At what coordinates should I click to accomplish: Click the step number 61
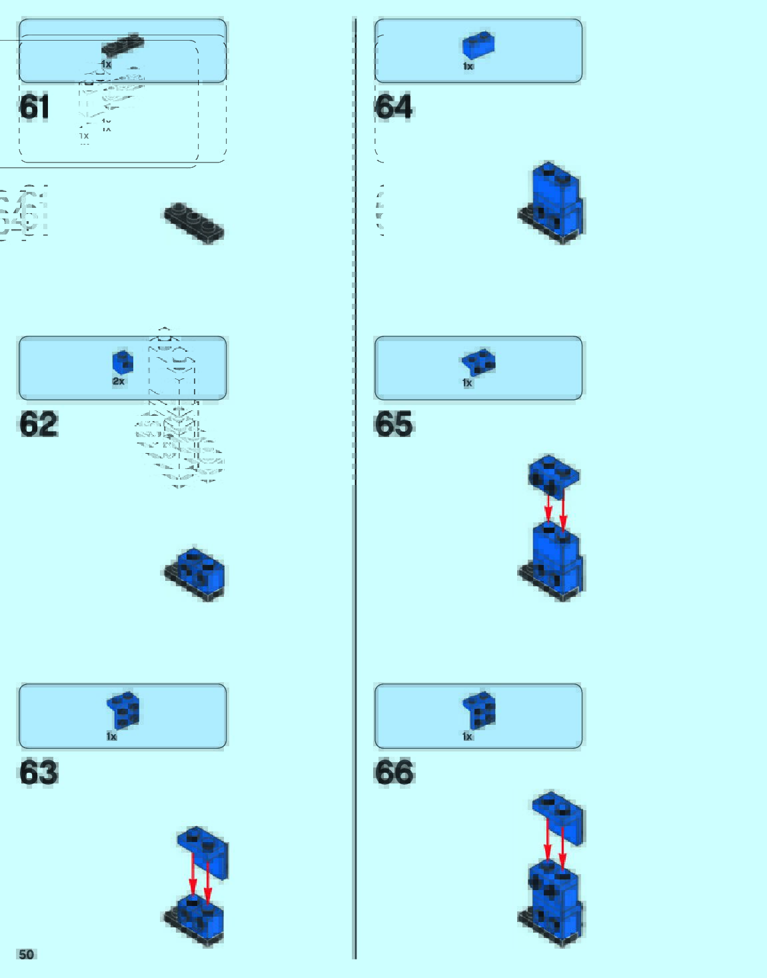(35, 107)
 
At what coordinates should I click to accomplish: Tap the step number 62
(39, 424)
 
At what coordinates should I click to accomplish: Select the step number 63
(39, 772)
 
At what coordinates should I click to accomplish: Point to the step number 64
(394, 107)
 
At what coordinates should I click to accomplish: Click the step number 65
(394, 424)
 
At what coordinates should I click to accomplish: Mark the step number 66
(394, 772)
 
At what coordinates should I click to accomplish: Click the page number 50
(26, 954)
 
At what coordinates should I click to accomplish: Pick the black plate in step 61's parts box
(123, 45)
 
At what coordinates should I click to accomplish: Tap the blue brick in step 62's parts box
(123, 362)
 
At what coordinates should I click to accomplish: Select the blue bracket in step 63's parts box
(123, 710)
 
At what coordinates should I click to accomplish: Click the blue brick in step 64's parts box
(478, 45)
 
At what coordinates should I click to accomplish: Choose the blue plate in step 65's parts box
(478, 362)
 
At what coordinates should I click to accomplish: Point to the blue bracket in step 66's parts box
(479, 710)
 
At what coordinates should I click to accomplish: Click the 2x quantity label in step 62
(118, 381)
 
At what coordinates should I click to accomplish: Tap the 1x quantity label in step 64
(468, 66)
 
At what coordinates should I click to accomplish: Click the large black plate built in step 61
(194, 222)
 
